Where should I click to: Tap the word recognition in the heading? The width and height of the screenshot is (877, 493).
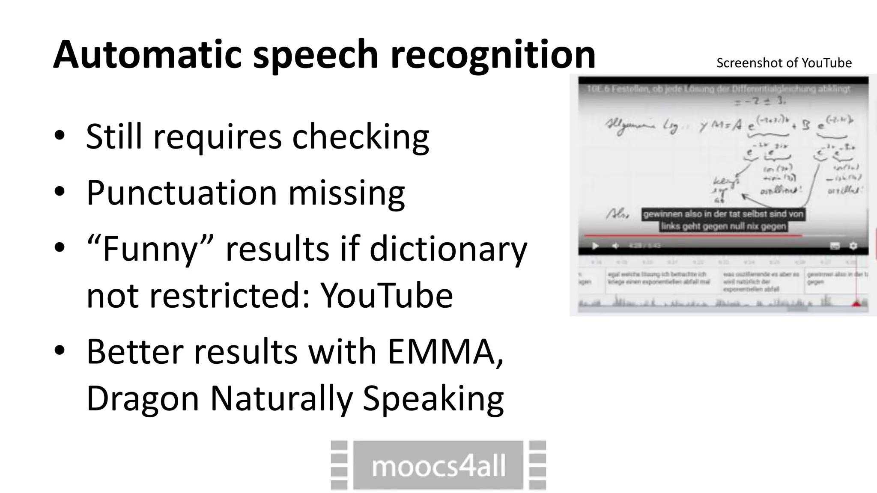coord(493,54)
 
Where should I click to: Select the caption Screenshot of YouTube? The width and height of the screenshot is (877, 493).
coord(784,63)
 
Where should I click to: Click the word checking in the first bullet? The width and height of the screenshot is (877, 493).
coord(360,137)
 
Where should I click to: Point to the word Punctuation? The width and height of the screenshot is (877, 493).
coord(182,193)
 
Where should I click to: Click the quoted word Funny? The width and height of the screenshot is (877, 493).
coord(150,249)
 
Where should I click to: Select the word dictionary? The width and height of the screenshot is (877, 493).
coord(448,249)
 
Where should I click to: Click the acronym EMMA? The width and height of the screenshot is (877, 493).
coord(445,351)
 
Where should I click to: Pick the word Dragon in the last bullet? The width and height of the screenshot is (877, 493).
coord(143,398)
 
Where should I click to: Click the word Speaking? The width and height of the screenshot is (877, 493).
coord(433,398)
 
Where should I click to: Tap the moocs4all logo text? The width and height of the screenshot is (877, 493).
coord(438,466)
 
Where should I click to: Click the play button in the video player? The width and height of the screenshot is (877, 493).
coord(595,246)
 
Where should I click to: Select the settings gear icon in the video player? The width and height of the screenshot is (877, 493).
coord(853,246)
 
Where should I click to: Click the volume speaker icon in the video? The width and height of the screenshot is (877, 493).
coord(615,246)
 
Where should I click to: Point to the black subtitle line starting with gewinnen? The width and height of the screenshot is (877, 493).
coord(723,214)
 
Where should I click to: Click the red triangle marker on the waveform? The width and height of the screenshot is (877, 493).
coord(856,303)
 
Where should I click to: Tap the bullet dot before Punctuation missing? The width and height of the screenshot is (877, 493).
coord(60,191)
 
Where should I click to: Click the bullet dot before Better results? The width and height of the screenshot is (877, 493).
coord(60,350)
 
